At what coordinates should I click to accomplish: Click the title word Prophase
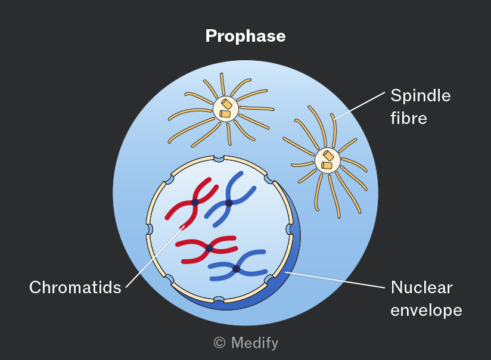point(245,36)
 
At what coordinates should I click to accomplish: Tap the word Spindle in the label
point(421,95)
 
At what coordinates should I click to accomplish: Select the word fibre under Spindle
point(409,118)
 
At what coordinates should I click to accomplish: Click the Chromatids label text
point(75,287)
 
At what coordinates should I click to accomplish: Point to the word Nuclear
point(421,287)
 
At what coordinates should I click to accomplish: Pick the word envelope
point(426,310)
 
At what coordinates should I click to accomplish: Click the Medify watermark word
point(254,343)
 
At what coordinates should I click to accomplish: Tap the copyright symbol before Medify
point(219,343)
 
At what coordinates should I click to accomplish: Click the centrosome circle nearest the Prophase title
point(225,109)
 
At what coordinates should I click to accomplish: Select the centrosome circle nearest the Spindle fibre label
point(327,160)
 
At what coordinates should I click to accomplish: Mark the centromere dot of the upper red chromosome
point(195,203)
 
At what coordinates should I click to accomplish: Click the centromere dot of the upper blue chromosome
point(229,203)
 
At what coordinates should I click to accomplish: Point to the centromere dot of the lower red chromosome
point(209,249)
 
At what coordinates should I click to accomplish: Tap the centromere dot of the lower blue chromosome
point(237,269)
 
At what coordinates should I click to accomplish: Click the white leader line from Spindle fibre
point(360,105)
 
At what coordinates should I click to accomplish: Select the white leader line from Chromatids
point(156,256)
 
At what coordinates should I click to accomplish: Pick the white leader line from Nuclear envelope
point(335,280)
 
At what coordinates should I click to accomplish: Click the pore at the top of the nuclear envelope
point(219,159)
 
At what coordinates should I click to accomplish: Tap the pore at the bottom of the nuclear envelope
point(219,300)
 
